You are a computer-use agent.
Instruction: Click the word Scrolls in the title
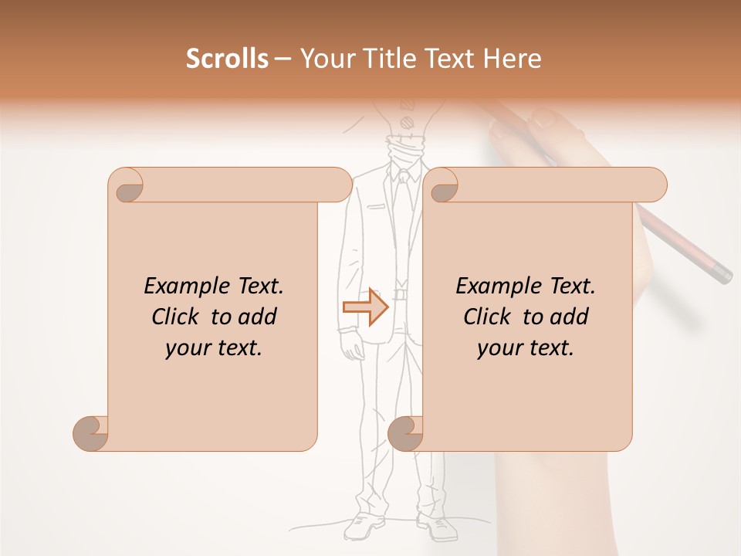(228, 59)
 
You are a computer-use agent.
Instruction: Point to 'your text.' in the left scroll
(214, 347)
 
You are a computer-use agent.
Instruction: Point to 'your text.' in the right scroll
(526, 347)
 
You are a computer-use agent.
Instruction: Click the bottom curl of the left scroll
(90, 432)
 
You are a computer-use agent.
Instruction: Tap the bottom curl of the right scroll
(404, 432)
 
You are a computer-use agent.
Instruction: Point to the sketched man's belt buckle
(400, 293)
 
